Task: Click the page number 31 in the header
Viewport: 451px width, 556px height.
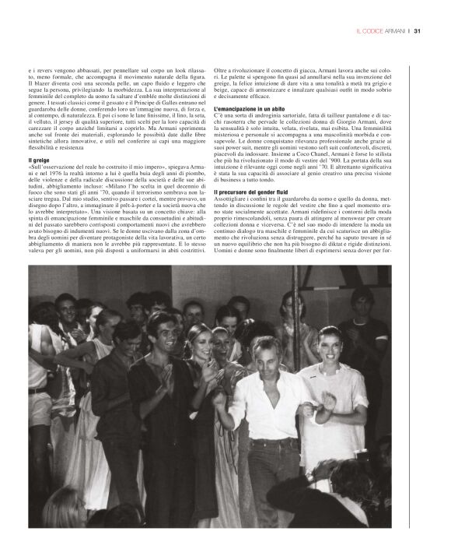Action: (x=418, y=31)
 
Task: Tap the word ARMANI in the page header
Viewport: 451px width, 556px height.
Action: (x=392, y=31)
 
